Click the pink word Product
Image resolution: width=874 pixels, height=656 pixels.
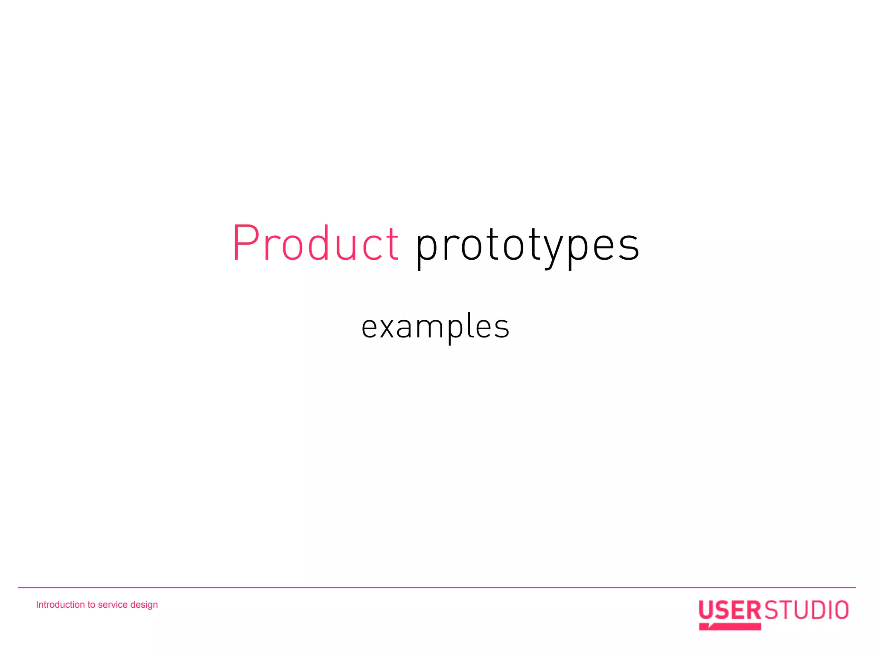[x=315, y=243]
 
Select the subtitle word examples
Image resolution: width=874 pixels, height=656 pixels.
[x=435, y=327]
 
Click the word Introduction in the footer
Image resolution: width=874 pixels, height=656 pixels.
[x=60, y=605]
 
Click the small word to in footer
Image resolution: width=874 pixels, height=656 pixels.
[x=91, y=605]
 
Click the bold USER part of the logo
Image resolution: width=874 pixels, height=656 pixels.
[x=730, y=610]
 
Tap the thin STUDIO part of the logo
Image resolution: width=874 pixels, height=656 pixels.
[x=806, y=610]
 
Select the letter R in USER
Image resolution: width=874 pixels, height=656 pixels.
[x=754, y=610]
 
